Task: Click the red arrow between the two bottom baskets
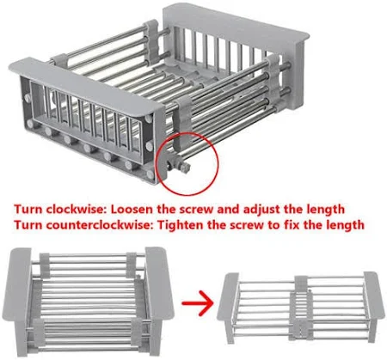[198, 303]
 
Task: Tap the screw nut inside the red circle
[184, 167]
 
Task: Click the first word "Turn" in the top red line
[28, 209]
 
